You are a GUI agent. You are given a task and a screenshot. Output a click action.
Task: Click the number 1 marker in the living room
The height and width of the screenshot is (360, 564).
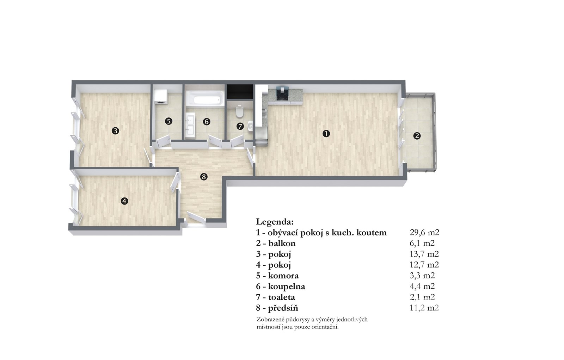[x=326, y=134]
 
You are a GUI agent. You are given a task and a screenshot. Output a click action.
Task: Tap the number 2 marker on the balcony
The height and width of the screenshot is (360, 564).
[x=417, y=136]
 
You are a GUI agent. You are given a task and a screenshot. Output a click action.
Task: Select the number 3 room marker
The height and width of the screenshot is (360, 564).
[x=115, y=131]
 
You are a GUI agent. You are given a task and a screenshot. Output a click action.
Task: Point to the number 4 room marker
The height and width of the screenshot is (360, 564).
[x=124, y=201]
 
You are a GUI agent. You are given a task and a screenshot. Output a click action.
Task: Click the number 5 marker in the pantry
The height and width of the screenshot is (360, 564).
[x=168, y=121]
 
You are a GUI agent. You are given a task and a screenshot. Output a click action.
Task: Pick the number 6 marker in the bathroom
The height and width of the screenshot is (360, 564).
[x=207, y=122]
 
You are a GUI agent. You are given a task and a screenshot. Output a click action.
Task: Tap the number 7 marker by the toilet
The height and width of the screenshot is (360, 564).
[x=240, y=126]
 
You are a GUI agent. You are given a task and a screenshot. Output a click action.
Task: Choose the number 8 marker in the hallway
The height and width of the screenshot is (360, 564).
[x=204, y=177]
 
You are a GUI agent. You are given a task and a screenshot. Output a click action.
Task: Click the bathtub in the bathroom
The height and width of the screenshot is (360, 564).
[x=205, y=100]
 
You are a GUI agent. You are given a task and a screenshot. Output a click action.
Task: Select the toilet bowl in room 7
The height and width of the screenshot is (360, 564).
[x=239, y=112]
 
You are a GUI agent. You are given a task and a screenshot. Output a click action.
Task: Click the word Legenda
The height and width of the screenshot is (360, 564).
[x=275, y=222]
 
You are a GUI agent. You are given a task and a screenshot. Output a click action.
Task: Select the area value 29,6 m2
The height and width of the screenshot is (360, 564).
[x=424, y=232]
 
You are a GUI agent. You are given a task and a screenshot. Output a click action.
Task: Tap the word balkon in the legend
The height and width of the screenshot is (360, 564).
[x=282, y=243]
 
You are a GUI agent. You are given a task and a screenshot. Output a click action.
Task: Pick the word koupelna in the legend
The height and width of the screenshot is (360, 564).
[x=287, y=286]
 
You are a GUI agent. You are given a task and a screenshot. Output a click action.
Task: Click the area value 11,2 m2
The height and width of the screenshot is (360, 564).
[x=424, y=307]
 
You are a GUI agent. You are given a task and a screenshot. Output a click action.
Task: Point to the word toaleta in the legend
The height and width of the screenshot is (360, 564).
[x=282, y=297]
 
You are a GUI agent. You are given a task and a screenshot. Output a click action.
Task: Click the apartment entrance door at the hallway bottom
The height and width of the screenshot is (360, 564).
[x=196, y=218]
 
